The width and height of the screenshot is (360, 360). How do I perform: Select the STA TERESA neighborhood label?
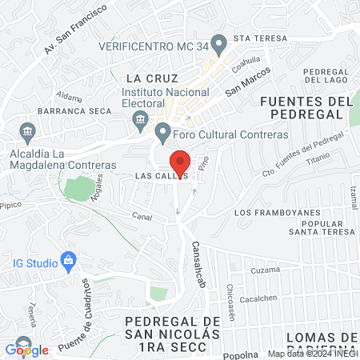260,38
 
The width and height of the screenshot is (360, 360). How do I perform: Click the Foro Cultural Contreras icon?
163,131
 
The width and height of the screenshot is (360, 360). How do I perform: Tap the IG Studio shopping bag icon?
69,261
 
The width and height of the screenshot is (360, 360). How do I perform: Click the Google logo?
26,350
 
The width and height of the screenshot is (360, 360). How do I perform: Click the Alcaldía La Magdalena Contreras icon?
29,131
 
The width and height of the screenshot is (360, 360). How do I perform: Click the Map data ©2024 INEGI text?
312,354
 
